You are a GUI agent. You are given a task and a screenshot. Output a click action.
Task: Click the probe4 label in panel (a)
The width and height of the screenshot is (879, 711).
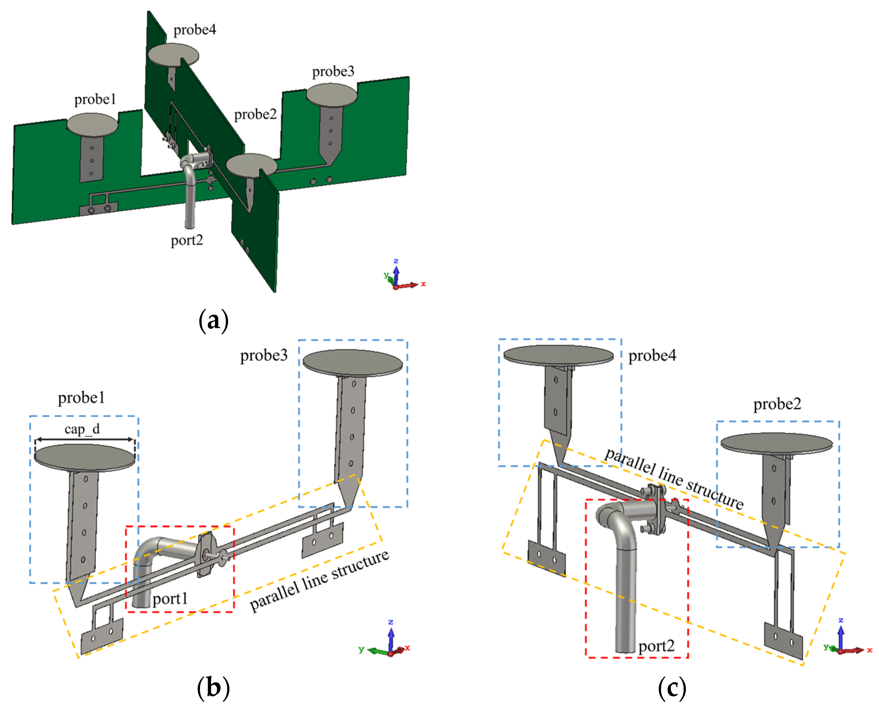point(194,30)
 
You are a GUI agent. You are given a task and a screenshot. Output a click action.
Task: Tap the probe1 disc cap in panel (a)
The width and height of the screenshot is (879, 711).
point(92,124)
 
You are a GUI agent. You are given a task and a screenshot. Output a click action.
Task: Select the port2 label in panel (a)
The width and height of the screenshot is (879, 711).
point(187,240)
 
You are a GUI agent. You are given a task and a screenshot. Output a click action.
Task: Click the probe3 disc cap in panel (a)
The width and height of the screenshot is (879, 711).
point(332,95)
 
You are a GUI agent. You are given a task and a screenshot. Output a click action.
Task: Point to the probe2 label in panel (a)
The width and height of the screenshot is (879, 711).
point(255,114)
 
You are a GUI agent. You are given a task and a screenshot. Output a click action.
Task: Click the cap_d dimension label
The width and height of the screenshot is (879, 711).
point(82,429)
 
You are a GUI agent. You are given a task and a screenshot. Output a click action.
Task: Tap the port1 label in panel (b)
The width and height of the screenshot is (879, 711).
point(170,599)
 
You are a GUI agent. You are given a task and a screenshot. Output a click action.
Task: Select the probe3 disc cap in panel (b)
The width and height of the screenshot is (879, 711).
point(353,362)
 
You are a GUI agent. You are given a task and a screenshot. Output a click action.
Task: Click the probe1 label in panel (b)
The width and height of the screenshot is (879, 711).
point(81,398)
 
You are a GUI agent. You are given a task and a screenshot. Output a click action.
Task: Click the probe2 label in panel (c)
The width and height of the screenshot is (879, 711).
point(777,404)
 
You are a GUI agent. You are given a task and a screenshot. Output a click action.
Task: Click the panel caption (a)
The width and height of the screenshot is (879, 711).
point(213,320)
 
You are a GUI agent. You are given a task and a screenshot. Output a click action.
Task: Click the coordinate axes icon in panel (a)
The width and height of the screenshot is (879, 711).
point(400,276)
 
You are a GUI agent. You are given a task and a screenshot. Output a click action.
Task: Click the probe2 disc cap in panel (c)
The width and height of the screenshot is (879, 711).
point(776,443)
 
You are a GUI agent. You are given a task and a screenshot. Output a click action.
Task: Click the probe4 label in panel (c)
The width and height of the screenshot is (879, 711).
point(652,356)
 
